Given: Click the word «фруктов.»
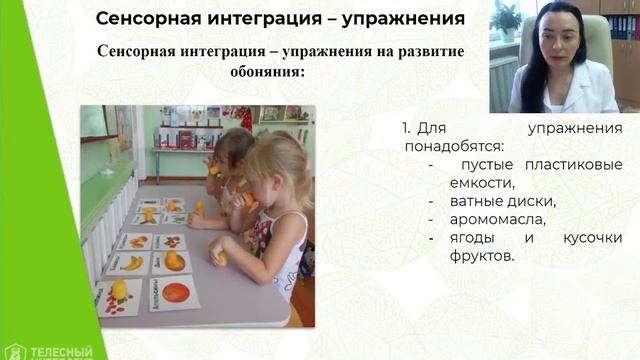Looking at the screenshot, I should [x=482, y=256].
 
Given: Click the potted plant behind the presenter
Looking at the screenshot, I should [x=507, y=18].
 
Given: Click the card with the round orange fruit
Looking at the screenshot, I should [x=174, y=294].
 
